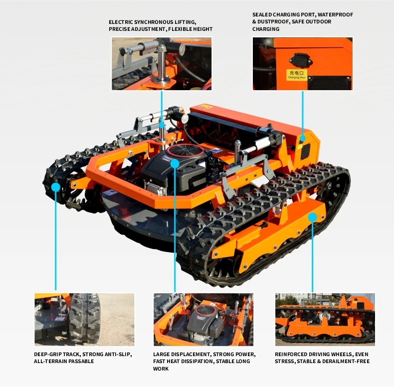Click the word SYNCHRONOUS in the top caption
click(x=154, y=22)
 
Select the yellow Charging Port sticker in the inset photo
click(x=297, y=75)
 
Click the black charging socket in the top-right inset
click(x=300, y=59)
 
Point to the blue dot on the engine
click(x=175, y=164)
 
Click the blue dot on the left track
click(x=55, y=187)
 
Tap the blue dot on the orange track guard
click(x=312, y=217)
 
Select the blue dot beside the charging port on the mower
click(x=303, y=138)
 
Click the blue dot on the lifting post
click(x=162, y=125)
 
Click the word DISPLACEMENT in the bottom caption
click(x=191, y=354)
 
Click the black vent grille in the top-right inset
click(x=329, y=82)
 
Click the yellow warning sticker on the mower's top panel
click(x=206, y=107)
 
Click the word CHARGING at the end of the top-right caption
click(x=266, y=29)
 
